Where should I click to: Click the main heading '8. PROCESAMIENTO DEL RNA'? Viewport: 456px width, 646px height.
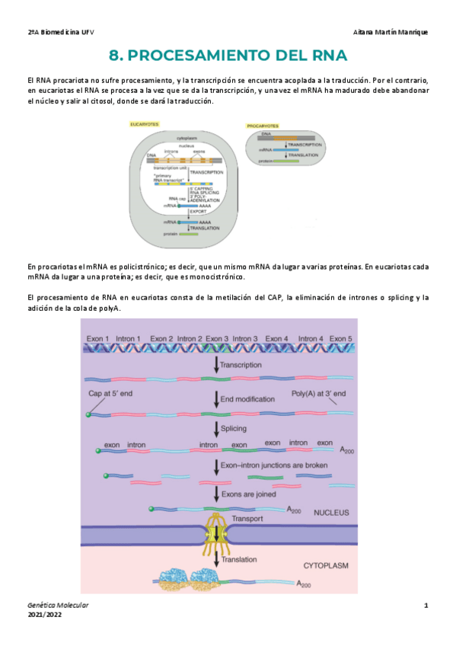click(x=228, y=56)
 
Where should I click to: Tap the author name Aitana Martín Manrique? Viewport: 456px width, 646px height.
click(x=391, y=33)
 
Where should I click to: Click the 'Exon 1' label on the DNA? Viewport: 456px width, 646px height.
click(x=97, y=337)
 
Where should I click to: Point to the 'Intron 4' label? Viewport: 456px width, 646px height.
click(x=311, y=337)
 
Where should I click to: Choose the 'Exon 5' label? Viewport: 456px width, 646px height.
click(x=340, y=337)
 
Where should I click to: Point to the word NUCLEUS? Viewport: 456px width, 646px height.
click(x=330, y=513)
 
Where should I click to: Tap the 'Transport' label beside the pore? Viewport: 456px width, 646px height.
click(x=248, y=519)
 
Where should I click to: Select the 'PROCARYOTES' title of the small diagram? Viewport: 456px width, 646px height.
click(x=262, y=126)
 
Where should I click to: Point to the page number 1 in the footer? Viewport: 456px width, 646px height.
click(x=426, y=605)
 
